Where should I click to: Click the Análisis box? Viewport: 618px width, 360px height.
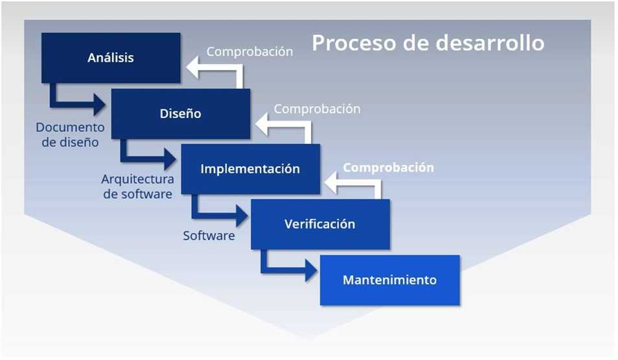(111, 58)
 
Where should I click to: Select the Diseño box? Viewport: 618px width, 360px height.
(181, 114)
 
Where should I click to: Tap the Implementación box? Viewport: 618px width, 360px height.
(250, 169)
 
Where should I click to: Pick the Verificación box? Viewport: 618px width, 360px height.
(320, 224)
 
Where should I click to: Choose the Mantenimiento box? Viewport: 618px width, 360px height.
(389, 280)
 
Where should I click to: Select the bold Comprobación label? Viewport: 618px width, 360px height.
(388, 168)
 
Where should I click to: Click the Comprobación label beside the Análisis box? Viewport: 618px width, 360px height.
(249, 51)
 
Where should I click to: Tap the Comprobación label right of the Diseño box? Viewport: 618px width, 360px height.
(317, 109)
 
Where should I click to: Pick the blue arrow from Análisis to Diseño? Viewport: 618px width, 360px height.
(76, 102)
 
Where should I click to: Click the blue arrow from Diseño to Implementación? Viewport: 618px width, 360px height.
(146, 157)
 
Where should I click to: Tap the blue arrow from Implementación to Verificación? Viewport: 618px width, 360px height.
(216, 214)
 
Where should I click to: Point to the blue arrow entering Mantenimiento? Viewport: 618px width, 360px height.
(286, 269)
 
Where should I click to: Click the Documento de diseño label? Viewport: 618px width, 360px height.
(71, 135)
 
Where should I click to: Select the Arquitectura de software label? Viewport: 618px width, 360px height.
(137, 186)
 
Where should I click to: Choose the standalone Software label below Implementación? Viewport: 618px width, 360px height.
(209, 236)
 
